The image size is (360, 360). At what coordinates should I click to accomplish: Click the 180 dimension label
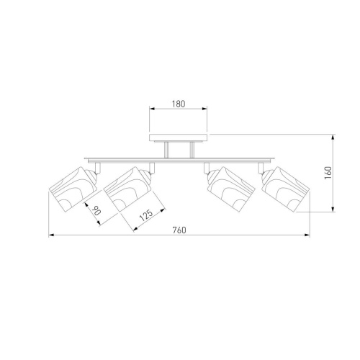179,104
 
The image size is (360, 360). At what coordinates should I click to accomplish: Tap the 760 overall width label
179,230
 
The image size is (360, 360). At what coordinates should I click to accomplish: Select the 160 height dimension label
328,173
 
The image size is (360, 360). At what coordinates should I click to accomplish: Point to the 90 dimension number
96,210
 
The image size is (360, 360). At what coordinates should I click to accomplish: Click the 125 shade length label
146,215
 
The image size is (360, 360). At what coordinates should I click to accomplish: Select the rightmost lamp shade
287,189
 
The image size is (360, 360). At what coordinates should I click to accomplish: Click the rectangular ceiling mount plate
178,138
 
